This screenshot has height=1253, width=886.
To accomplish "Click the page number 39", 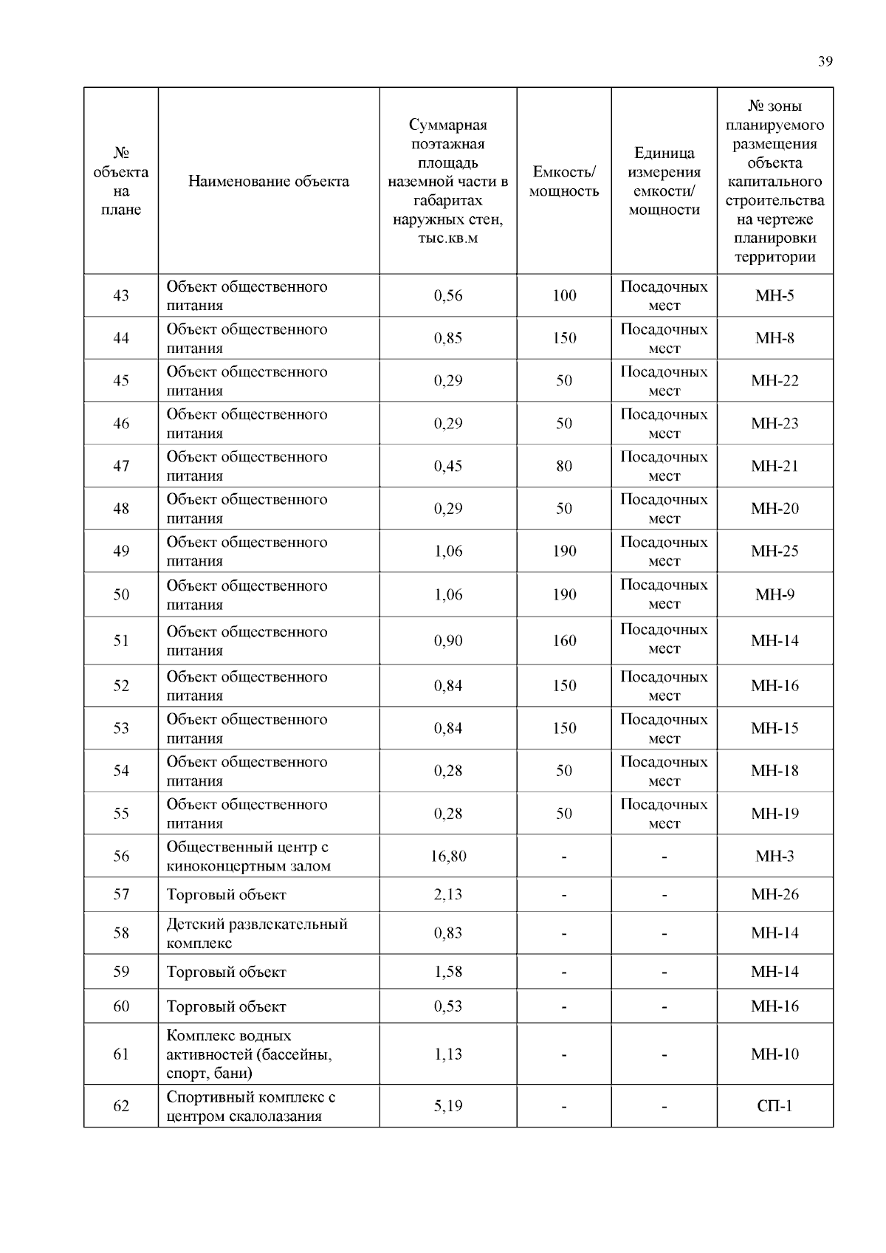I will click(x=825, y=61).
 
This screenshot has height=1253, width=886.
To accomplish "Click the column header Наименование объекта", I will click(x=269, y=182).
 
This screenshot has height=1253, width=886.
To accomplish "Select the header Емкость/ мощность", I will click(x=564, y=182).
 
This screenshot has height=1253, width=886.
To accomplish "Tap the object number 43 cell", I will click(x=121, y=295).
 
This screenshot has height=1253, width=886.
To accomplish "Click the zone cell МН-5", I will click(x=775, y=295).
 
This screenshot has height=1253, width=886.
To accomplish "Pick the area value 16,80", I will click(x=448, y=856).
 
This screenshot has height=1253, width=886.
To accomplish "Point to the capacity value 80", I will click(x=564, y=466).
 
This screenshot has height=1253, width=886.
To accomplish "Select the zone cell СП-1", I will click(x=775, y=1106).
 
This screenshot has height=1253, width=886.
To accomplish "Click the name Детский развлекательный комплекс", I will click(x=256, y=933).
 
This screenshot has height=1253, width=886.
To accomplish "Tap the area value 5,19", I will click(x=448, y=1106).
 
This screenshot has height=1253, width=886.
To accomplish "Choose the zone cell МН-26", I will click(x=775, y=895).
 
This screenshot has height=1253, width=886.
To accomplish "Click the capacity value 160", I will click(x=564, y=641).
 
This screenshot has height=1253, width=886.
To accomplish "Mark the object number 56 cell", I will click(x=121, y=856).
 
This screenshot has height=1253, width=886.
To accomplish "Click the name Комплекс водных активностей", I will click(x=249, y=1054).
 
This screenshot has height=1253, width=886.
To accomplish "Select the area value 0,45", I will click(x=448, y=466).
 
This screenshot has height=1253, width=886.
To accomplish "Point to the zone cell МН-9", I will click(x=775, y=594).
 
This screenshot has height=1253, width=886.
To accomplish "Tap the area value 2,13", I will click(x=448, y=895).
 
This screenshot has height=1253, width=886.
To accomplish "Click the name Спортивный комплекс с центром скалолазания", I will click(x=250, y=1106).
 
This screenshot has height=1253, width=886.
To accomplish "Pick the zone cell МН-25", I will click(x=775, y=551).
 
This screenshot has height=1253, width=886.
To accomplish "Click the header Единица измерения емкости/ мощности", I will click(x=664, y=182).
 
